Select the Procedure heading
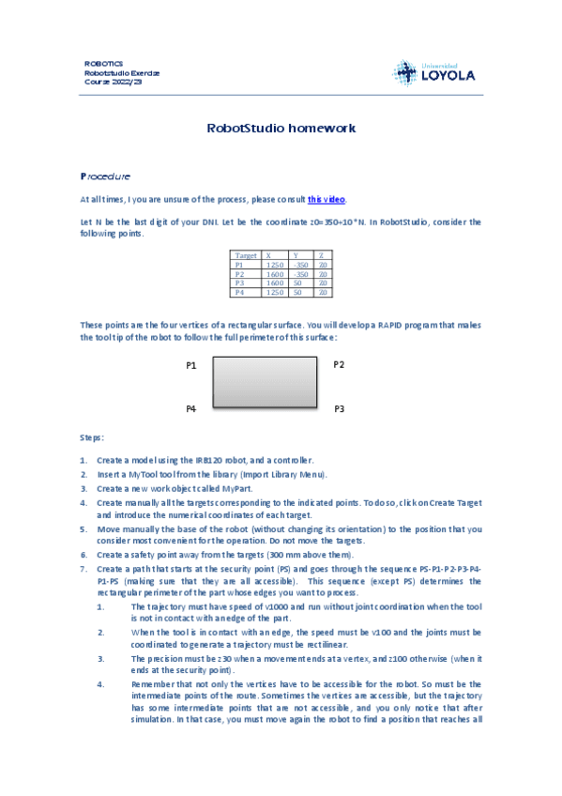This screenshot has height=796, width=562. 104,176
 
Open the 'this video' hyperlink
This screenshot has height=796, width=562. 327,199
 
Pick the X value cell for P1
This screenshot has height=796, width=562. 275,266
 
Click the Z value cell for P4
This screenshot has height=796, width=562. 323,293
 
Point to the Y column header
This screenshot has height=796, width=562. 296,255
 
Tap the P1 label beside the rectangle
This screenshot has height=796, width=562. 190,365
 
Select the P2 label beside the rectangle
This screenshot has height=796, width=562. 339,364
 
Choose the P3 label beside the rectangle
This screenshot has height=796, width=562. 339,409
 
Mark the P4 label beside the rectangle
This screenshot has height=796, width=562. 190,409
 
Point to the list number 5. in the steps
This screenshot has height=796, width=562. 84,529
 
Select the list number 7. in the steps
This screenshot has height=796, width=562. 84,569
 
